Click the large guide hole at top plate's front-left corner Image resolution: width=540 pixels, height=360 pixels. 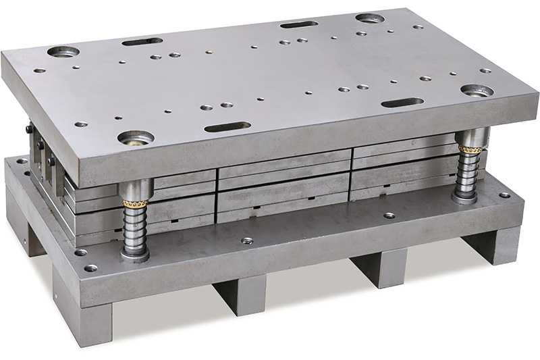(136, 137)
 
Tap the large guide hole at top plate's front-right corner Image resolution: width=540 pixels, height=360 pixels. (477, 91)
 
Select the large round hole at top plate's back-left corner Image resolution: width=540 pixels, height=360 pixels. (63, 51)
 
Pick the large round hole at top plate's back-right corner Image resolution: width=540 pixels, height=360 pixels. (370, 18)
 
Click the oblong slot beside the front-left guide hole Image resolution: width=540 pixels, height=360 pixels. (227, 126)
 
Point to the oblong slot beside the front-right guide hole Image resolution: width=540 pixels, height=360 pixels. (402, 103)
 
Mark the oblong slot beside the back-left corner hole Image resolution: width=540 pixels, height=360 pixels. (142, 41)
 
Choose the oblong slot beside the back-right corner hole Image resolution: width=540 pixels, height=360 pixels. (299, 24)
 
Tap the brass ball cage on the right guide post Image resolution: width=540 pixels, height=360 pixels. (469, 149)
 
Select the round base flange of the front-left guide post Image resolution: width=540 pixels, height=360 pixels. (135, 255)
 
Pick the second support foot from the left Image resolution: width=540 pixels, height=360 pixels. (236, 293)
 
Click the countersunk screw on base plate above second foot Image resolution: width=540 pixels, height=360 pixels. (247, 240)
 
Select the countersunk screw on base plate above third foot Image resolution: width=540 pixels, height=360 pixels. (389, 215)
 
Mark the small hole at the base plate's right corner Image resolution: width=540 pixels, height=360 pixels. (504, 195)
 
